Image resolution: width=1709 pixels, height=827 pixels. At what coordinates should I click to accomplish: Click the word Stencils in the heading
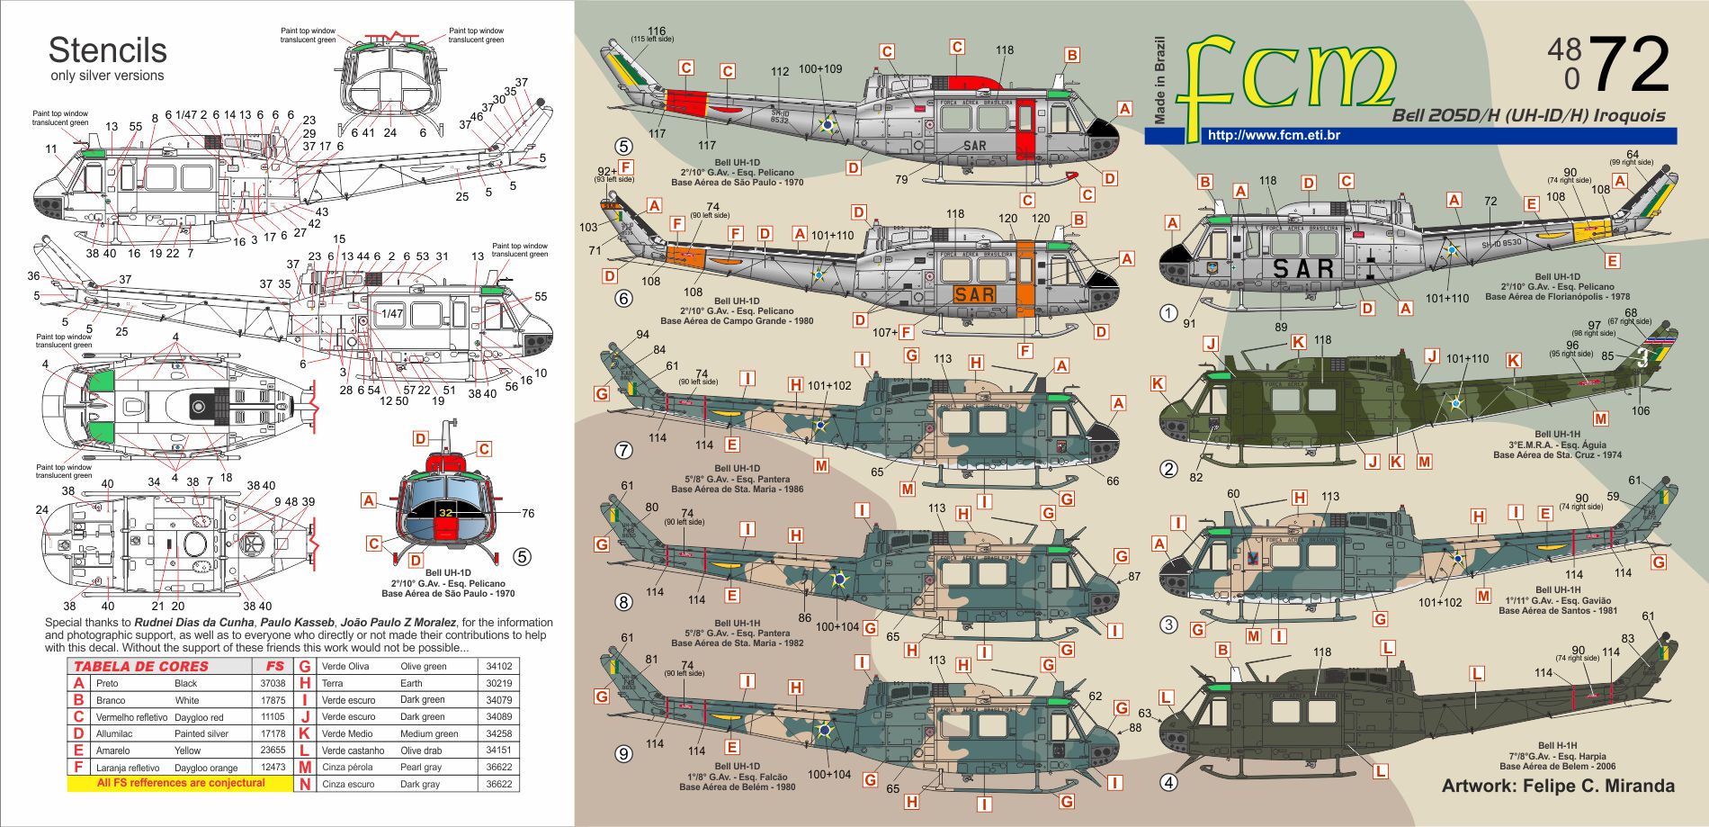107,49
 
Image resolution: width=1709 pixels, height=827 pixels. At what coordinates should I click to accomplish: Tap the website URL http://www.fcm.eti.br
1274,136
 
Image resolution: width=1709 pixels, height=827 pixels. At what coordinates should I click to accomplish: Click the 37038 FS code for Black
273,684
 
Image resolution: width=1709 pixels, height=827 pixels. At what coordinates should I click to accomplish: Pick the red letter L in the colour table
305,751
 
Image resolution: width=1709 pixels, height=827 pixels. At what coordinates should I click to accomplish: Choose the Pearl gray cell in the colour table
423,768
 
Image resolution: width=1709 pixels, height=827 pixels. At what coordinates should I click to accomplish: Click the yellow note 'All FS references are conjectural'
181,784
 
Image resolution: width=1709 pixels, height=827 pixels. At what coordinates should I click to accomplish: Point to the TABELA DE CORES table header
140,667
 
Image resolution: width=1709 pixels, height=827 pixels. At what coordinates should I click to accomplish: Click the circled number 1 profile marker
1168,313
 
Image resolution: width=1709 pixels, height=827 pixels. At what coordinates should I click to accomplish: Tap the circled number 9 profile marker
623,754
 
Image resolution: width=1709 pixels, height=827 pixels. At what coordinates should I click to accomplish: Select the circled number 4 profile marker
1168,783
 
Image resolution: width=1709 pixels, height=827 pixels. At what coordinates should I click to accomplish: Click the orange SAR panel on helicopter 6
974,294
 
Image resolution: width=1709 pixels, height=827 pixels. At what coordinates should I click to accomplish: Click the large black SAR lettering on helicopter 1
1303,268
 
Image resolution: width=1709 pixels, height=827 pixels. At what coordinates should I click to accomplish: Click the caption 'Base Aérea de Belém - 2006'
1557,767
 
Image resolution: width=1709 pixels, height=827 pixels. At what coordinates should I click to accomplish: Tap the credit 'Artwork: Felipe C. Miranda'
1558,786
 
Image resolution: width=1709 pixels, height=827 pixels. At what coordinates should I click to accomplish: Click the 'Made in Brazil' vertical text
1159,81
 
